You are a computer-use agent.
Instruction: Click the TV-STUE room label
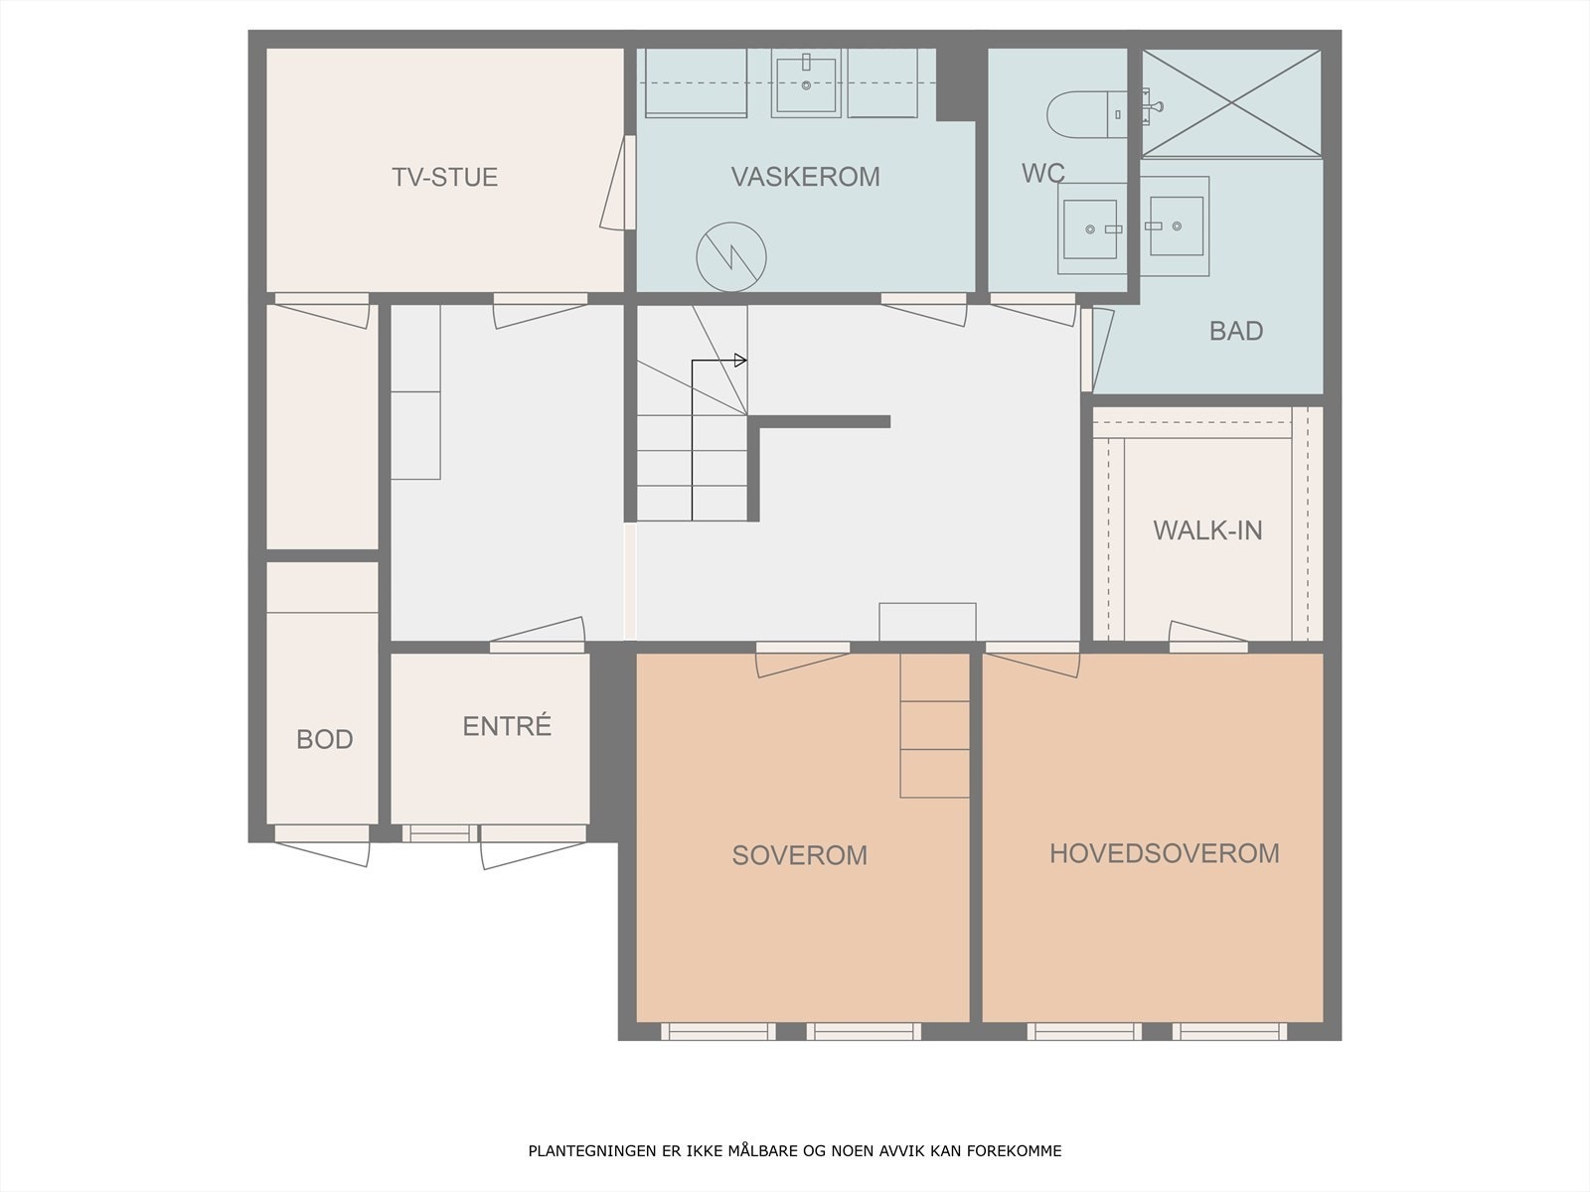[x=445, y=178]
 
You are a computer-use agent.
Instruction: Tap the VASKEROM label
[x=806, y=177]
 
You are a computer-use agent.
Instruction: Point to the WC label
[x=1043, y=173]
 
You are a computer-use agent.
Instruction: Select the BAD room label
[x=1236, y=331]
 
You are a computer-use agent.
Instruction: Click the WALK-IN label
[x=1207, y=530]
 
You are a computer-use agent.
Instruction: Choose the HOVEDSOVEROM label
[x=1165, y=853]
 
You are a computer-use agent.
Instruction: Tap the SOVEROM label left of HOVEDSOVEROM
[x=800, y=855]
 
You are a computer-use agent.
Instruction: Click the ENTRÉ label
[x=507, y=726]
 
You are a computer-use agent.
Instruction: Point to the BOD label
[x=325, y=739]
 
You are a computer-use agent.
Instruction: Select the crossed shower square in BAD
[x=1232, y=102]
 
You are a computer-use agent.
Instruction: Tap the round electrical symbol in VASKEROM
[x=731, y=257]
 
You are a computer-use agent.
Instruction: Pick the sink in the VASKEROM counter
[x=806, y=84]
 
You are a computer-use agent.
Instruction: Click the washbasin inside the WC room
[x=1091, y=228]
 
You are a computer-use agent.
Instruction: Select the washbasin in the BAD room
[x=1175, y=226]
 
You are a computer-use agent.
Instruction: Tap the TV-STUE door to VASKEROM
[x=618, y=183]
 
